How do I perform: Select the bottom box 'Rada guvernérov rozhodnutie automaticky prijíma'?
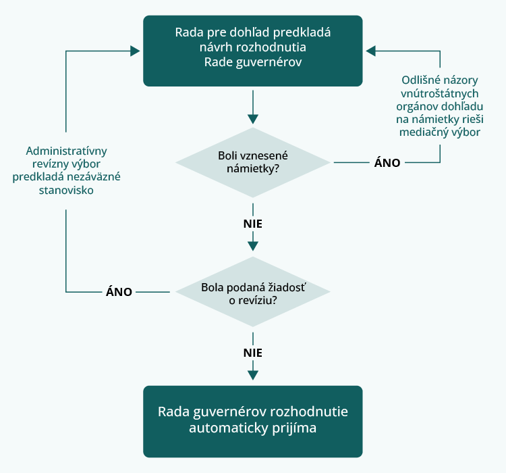click(x=252, y=420)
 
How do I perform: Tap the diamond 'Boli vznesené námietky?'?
click(x=252, y=162)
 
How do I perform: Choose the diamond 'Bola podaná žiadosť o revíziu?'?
click(x=252, y=292)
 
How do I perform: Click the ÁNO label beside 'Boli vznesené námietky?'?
click(x=387, y=163)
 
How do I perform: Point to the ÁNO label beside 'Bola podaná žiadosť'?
click(x=119, y=292)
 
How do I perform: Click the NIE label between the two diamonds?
click(x=252, y=223)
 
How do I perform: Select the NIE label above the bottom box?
click(x=252, y=352)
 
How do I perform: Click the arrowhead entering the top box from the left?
click(x=134, y=51)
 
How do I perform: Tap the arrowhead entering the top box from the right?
click(x=371, y=51)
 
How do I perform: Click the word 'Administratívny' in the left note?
click(x=66, y=151)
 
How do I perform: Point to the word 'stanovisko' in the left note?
click(x=66, y=190)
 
